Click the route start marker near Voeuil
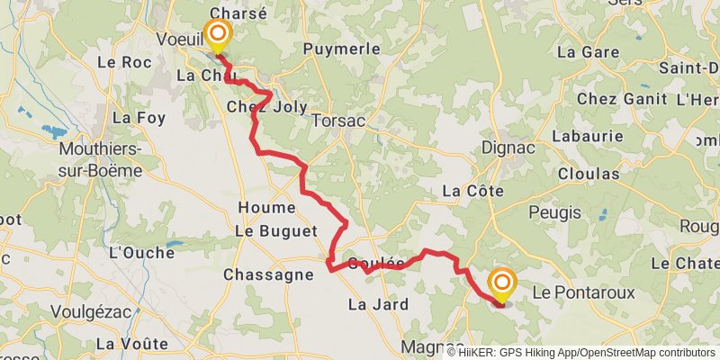[x=218, y=36]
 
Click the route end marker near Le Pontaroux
[x=501, y=285]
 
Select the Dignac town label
[x=508, y=147]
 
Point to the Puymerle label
[x=342, y=49]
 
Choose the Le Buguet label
[x=276, y=231]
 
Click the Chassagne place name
[x=267, y=274]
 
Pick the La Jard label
[x=378, y=304]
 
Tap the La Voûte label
[x=131, y=343]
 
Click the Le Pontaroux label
[x=583, y=292]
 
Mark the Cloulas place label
[x=588, y=173]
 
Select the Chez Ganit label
[x=621, y=97]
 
